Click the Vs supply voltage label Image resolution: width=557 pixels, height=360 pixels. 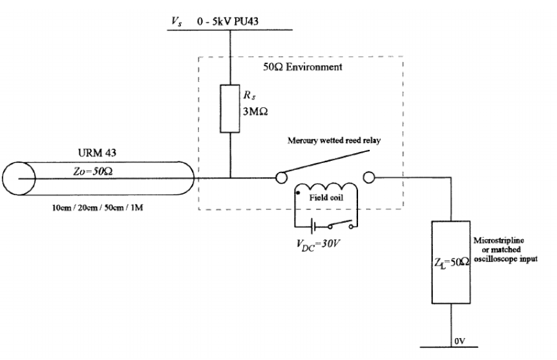point(175,21)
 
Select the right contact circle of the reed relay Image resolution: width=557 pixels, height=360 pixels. point(370,177)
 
